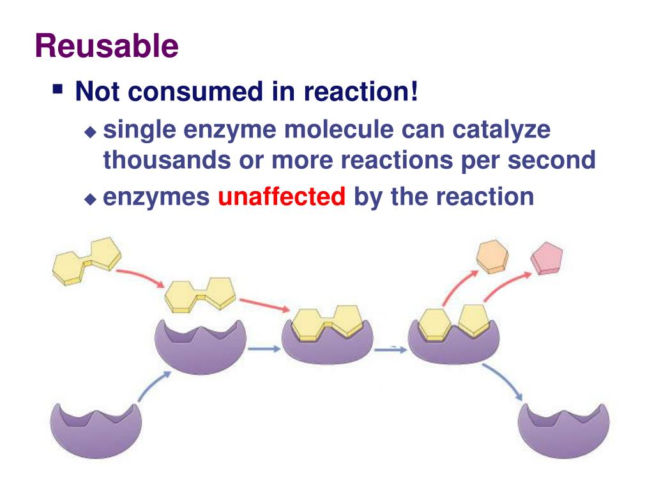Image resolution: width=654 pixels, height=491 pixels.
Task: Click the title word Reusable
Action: tap(106, 46)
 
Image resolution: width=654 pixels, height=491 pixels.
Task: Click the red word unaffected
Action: tap(282, 197)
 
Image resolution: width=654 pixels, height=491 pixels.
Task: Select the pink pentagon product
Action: tap(547, 258)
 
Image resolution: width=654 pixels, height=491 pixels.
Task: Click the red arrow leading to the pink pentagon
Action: tap(505, 285)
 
